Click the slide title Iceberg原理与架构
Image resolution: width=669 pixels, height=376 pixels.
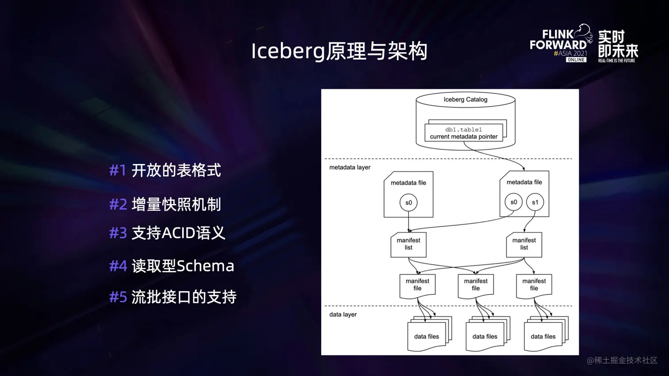tap(339, 51)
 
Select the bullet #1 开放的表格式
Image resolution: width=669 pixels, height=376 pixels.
tap(165, 170)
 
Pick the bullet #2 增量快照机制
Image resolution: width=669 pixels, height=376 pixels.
tap(165, 204)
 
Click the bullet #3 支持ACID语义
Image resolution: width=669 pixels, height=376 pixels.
tap(167, 233)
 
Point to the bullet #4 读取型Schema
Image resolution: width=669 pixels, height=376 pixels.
tap(172, 266)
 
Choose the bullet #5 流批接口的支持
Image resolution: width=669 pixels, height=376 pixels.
tap(173, 297)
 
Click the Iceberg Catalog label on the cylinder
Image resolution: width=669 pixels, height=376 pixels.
tap(465, 99)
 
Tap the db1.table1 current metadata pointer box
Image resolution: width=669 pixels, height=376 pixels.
tap(464, 133)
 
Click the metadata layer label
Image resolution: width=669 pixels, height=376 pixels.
tap(350, 167)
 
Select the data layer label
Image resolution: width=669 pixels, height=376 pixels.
tap(343, 315)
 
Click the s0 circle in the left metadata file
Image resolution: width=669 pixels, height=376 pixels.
tap(408, 203)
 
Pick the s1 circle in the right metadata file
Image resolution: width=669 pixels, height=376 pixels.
tap(535, 202)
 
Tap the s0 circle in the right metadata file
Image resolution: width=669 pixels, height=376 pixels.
tap(513, 202)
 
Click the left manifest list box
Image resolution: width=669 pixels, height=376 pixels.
tap(408, 244)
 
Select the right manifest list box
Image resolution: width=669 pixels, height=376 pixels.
tap(524, 244)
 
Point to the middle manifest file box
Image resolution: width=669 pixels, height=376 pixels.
tap(476, 285)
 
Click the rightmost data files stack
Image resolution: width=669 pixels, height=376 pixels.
tap(544, 336)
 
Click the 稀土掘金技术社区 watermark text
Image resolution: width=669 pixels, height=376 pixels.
tap(622, 361)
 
